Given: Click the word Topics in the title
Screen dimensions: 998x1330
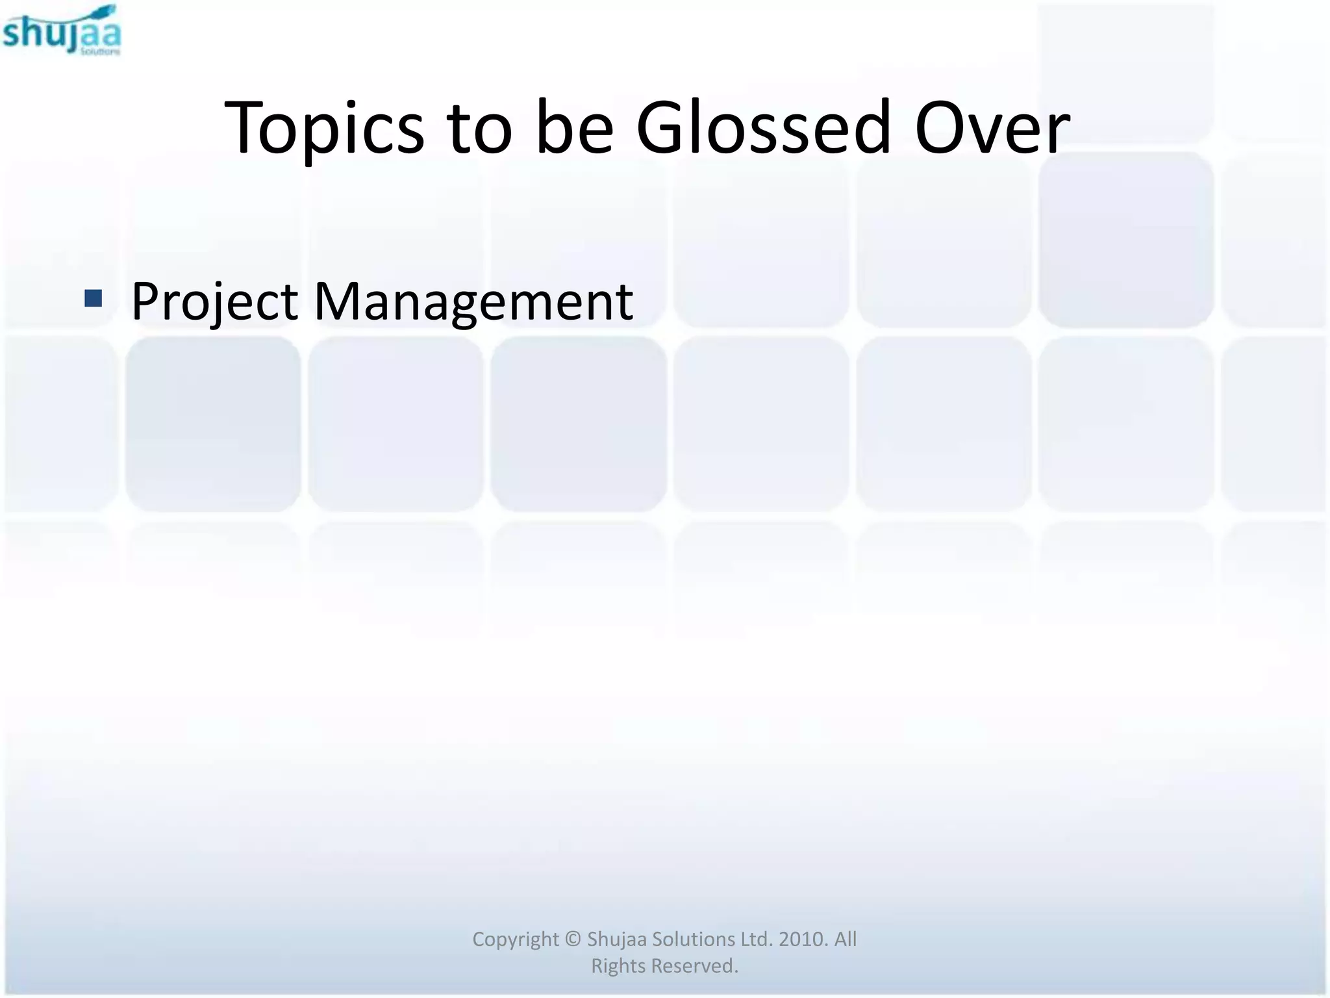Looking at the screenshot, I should click(x=324, y=129).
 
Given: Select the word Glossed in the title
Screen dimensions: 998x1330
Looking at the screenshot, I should click(x=763, y=127).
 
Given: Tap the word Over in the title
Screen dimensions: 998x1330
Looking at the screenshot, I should click(x=992, y=127).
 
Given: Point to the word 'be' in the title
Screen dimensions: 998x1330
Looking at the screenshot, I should click(x=574, y=127).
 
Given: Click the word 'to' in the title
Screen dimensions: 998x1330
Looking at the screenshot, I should click(x=479, y=129).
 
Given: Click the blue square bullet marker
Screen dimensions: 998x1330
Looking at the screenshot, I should click(x=94, y=298).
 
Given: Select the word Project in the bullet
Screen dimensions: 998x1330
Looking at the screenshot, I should click(x=214, y=302).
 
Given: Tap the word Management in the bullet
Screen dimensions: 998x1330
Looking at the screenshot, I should click(x=473, y=302).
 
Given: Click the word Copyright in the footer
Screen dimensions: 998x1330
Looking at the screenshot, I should click(x=515, y=940).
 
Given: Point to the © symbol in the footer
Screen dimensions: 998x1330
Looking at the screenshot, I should click(x=572, y=940).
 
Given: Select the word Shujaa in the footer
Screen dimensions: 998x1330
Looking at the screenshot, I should click(x=616, y=940).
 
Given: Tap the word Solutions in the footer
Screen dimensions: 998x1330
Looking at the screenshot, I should click(x=693, y=940).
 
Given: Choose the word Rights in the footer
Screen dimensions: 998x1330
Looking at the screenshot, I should click(x=618, y=966).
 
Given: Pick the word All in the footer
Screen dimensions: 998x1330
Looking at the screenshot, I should click(x=845, y=940).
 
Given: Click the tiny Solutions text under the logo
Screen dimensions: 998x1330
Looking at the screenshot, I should click(x=100, y=51).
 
